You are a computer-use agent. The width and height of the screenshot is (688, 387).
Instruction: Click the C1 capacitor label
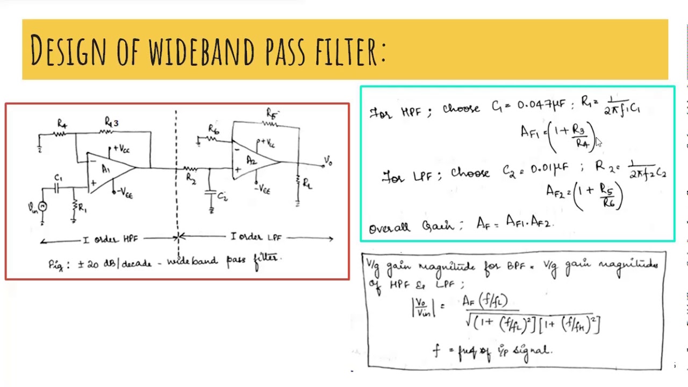coord(58,178)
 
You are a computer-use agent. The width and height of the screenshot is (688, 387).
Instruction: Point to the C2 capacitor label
coord(223,197)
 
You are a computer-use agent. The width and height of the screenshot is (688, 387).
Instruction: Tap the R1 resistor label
coord(82,207)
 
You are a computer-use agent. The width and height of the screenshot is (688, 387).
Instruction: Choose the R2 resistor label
coord(190,178)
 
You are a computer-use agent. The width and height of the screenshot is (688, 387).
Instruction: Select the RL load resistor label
coord(307,184)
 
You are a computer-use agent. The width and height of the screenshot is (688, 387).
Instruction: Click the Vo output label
coord(328,161)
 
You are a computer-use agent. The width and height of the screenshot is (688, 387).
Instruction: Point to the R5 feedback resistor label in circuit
coord(272,113)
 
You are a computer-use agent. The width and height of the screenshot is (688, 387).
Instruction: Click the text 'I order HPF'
coord(111,239)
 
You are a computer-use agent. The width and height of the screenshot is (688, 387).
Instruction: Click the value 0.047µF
coord(541,104)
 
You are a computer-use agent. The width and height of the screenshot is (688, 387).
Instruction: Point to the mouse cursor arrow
coord(599,142)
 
